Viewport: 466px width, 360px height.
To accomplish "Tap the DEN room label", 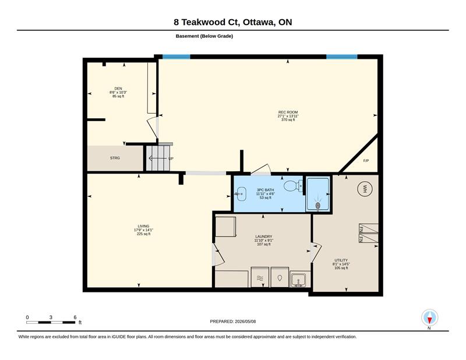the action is point(118,89).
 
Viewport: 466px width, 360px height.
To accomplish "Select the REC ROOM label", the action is point(288,112).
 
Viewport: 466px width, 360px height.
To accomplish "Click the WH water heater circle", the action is point(365,188).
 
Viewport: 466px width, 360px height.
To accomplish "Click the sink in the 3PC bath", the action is point(241,194).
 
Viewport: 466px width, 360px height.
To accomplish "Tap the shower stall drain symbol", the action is point(317,205).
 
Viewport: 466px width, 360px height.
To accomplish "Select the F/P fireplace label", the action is point(366,161).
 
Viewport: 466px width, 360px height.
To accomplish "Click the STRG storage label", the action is point(115,158).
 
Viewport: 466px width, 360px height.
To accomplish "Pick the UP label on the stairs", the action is point(171,158).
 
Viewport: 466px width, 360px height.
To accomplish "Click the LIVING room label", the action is point(143,226).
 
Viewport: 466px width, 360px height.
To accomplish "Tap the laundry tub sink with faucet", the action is point(299,280).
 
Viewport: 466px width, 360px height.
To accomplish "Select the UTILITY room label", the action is point(341,260).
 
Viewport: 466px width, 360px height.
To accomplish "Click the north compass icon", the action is point(429,317).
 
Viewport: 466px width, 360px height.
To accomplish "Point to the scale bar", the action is point(51,322).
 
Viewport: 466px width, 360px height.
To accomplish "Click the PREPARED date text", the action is point(232,322).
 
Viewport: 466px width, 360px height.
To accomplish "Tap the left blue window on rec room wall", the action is point(176,57).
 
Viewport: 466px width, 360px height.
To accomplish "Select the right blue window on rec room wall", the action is point(342,57).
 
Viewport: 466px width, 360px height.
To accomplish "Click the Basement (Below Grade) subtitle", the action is point(204,36).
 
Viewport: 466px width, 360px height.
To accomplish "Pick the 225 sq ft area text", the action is point(143,234).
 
